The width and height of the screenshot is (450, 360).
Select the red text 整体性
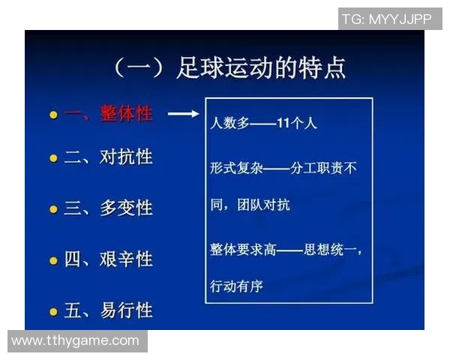126,114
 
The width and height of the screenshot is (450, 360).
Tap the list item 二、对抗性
108,157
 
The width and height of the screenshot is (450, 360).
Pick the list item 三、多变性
108,208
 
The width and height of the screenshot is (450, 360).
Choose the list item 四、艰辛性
108,259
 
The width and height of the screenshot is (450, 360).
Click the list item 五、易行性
108,310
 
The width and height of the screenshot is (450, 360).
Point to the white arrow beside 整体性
182,114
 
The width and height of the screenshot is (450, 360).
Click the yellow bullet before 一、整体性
53,115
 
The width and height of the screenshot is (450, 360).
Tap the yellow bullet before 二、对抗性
53,158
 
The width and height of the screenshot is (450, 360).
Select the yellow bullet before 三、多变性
53,209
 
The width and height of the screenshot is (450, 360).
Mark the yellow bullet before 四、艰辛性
53,261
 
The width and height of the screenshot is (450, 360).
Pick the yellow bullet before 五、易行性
53,311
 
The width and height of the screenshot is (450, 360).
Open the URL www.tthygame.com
75,340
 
